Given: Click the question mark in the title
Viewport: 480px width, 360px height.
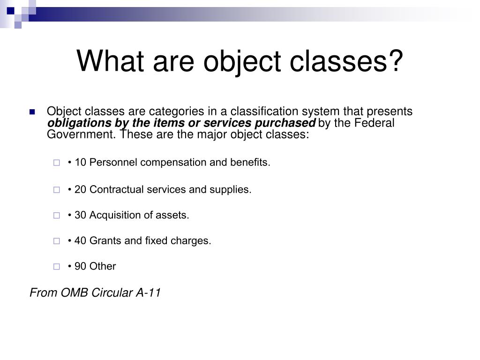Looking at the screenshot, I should coord(395,61).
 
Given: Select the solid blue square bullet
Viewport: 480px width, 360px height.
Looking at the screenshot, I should coord(32,112).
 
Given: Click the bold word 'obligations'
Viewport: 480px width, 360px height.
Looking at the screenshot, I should coord(77,123).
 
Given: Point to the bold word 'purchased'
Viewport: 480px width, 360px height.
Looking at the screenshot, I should coord(292,123).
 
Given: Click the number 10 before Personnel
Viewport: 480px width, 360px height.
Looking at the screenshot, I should coord(80,163).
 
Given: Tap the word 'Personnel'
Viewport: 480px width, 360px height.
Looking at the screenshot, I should coord(113,163).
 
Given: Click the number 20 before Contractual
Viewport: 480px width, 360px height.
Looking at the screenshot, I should coord(80,190).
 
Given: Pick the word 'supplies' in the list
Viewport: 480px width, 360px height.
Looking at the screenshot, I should coord(233,190).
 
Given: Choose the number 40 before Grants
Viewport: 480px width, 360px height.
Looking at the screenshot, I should coord(80,241).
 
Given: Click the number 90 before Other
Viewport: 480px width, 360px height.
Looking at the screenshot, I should coord(80,267).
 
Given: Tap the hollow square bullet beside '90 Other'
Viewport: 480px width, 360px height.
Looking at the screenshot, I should coord(57,267).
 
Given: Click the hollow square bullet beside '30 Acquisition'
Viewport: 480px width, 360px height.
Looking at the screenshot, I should coord(57,216).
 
